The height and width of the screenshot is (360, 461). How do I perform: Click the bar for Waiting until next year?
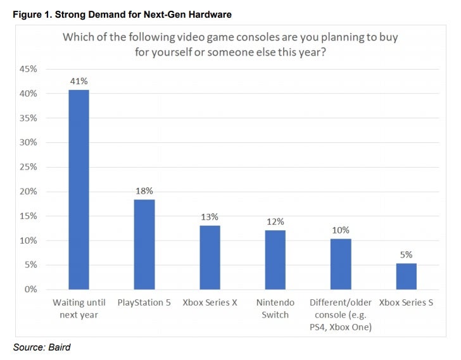79,190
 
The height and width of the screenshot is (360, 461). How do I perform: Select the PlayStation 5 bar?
144,245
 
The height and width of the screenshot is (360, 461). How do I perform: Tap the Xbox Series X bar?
210,258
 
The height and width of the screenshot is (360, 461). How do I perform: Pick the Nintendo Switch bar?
275,260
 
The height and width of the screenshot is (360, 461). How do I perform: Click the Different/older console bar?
341,264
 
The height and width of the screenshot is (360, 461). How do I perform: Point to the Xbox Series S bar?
407,276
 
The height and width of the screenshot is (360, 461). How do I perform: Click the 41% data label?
79,81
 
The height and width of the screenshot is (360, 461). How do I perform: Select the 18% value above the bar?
144,191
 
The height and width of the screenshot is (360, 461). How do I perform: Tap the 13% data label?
210,217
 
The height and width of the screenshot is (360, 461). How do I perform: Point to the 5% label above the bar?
407,254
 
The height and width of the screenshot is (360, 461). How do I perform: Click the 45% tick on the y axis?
28,69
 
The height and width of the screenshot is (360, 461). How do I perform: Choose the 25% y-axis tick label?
28,167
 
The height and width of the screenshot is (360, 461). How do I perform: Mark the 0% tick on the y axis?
31,289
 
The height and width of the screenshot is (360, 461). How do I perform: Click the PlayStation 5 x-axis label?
144,302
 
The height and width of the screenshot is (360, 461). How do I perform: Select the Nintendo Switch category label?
275,309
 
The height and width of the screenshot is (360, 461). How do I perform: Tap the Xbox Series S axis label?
406,302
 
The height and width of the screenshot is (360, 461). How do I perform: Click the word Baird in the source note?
60,347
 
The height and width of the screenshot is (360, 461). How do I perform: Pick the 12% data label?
275,221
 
